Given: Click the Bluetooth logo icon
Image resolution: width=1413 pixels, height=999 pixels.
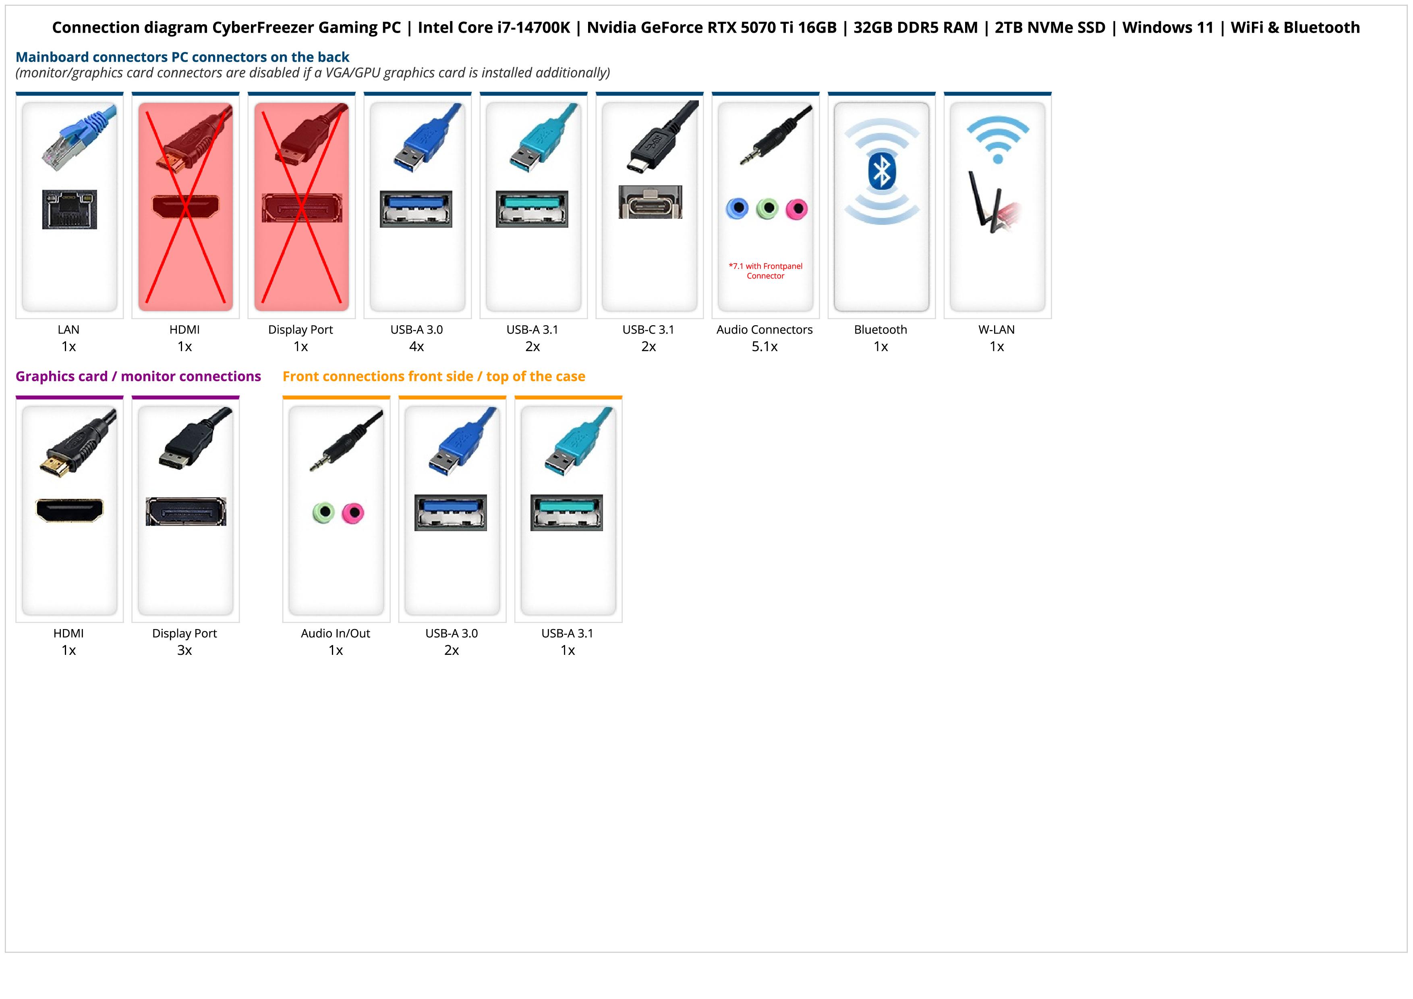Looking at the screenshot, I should click(881, 171).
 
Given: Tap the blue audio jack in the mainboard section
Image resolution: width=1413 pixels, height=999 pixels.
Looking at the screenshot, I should click(737, 209).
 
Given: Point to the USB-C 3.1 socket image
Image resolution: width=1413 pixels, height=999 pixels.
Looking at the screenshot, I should click(650, 202).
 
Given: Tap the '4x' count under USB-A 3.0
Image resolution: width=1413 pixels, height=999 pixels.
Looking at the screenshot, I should click(416, 347).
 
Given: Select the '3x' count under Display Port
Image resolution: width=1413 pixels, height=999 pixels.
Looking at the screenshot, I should click(184, 650).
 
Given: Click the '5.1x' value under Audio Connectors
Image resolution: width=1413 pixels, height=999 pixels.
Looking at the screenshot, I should click(765, 347).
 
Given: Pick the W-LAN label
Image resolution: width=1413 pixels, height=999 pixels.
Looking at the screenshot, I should click(997, 329).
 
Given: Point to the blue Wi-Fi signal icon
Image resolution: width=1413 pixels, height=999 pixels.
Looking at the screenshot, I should click(998, 139).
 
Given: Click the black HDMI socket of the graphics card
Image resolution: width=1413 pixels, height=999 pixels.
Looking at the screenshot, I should click(70, 510).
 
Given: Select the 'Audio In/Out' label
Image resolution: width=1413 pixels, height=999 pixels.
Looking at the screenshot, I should click(336, 633).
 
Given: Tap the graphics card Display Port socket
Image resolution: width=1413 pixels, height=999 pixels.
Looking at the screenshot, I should click(186, 511).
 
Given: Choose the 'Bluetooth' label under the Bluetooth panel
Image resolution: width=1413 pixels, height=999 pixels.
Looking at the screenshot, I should click(880, 329).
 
